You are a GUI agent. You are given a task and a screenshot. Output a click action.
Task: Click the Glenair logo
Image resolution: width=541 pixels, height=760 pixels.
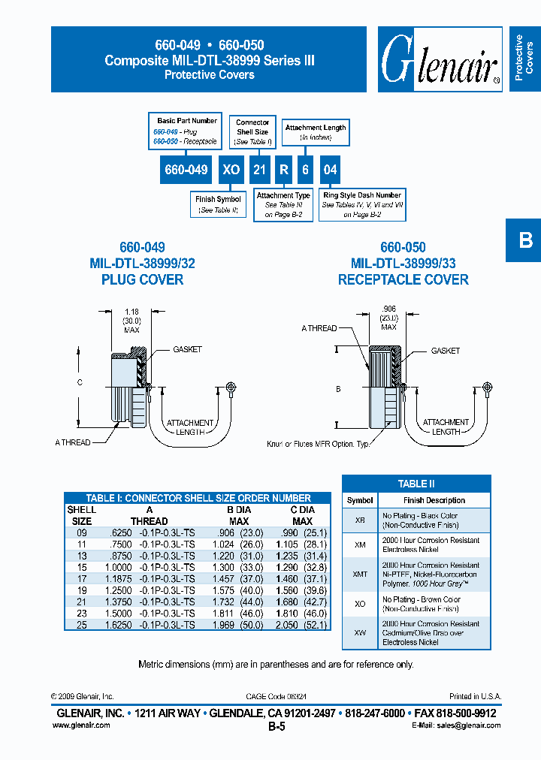pos(440,60)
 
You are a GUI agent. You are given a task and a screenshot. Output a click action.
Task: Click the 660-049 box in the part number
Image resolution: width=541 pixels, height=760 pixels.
pos(186,170)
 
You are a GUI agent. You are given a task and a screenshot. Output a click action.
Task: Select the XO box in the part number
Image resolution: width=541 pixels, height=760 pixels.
pos(231,170)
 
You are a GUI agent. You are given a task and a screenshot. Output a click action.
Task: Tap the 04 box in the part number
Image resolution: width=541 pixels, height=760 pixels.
pos(330,170)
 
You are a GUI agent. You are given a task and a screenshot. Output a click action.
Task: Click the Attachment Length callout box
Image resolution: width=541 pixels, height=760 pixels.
pos(316,132)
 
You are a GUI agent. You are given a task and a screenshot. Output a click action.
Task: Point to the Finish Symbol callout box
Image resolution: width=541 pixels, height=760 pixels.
pos(218,204)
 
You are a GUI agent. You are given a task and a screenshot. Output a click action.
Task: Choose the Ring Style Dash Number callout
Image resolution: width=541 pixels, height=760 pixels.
pos(362,204)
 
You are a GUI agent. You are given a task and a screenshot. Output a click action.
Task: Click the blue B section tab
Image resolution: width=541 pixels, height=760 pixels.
pos(524,240)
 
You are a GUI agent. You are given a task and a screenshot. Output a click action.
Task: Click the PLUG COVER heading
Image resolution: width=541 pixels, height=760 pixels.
pos(142,279)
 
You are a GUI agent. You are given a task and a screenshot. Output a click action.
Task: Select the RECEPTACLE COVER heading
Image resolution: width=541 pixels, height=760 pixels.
pos(403,279)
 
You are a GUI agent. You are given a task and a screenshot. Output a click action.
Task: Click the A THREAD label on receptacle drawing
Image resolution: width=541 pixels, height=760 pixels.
pos(319,328)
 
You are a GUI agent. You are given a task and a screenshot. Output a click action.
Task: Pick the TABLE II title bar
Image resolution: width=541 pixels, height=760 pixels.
pos(416,484)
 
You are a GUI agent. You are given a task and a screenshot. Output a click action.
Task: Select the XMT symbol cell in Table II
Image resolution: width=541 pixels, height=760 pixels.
pos(360,574)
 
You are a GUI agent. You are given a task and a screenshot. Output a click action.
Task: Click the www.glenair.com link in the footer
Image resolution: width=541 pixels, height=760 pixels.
pos(81,725)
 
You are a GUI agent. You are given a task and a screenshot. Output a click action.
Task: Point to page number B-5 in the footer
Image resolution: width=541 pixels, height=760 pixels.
pos(277,726)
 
